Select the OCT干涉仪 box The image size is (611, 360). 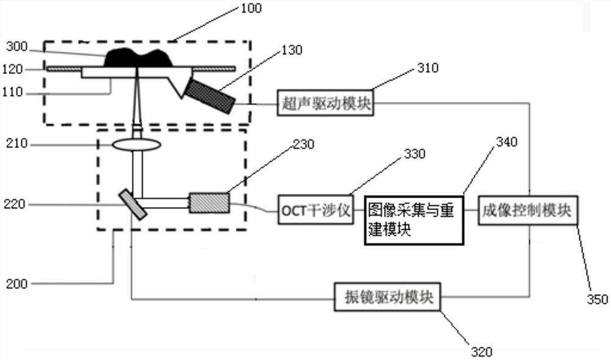click(x=315, y=211)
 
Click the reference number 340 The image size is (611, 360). click(x=507, y=142)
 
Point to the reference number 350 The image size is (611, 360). click(x=598, y=299)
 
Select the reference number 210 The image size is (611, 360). click(x=13, y=145)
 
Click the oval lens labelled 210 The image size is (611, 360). click(x=137, y=145)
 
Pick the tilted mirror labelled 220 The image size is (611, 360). click(x=133, y=204)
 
